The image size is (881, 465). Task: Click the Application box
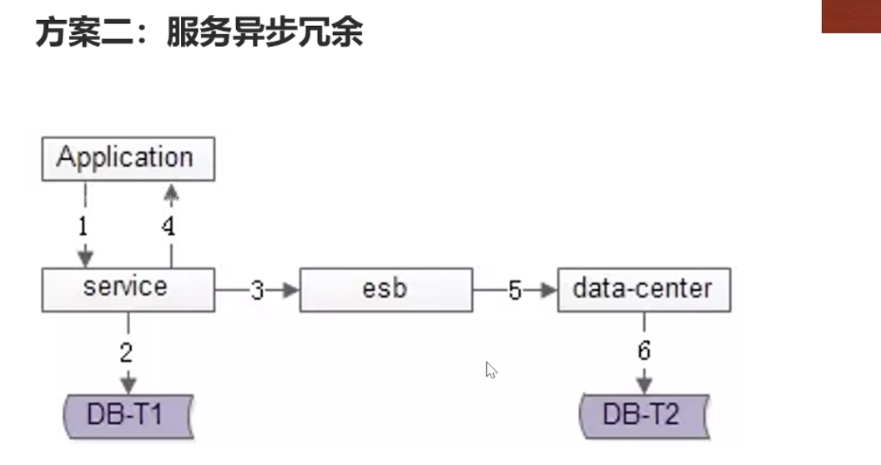coord(128,158)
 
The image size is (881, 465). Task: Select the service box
coord(128,289)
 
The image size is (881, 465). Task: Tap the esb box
coord(385,289)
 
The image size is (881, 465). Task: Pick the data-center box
coord(643,289)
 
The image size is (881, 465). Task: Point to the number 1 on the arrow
coord(83,225)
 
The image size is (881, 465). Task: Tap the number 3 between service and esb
coord(257,290)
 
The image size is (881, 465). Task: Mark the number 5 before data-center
coord(515,290)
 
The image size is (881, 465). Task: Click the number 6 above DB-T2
coord(644,351)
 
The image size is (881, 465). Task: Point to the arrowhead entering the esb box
coord(290,290)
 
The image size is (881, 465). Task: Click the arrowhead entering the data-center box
coord(548,290)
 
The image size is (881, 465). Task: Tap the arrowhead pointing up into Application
coord(171,193)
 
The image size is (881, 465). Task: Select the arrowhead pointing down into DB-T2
coord(644,386)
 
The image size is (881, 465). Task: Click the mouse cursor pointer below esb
coord(491,370)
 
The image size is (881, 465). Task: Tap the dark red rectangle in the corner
coord(851,16)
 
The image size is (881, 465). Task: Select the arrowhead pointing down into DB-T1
coord(128,386)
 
